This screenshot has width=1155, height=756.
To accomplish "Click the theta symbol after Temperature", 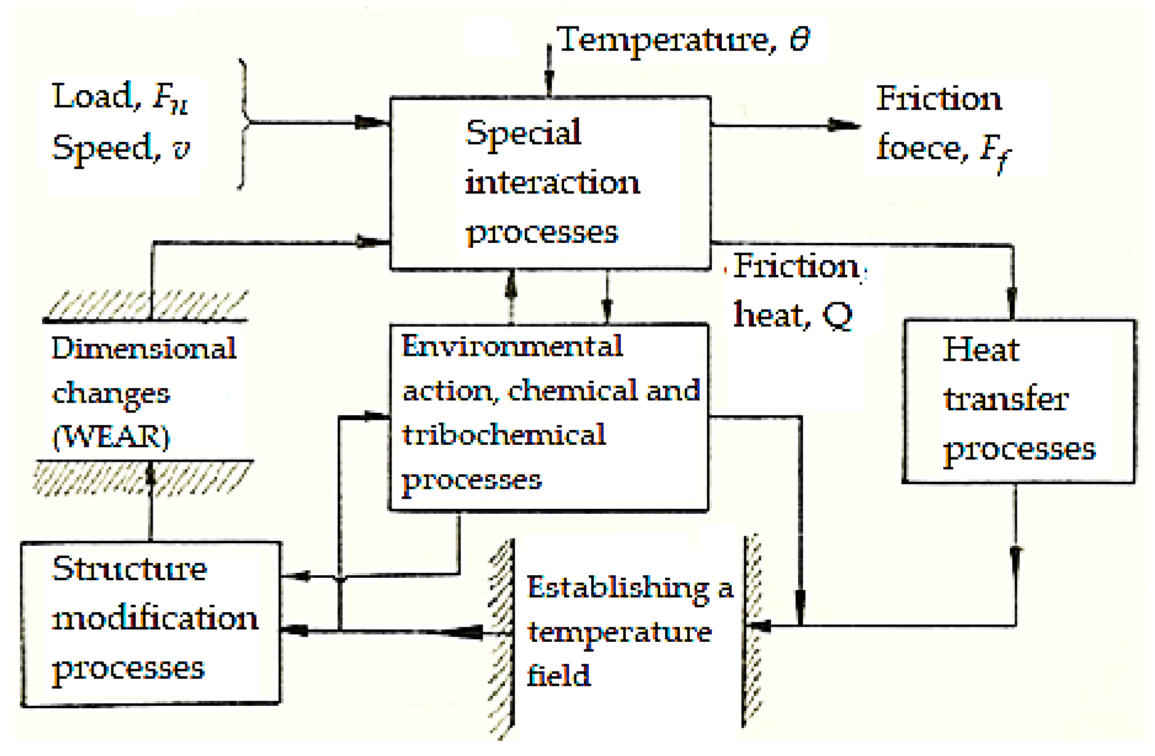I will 800,39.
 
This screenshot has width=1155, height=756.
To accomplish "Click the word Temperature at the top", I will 665,40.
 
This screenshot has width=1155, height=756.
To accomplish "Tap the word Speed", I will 106,148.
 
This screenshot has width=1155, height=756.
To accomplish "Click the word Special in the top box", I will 523,133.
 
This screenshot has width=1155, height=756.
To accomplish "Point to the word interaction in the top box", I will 552,183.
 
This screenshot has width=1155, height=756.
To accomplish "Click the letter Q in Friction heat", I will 837,315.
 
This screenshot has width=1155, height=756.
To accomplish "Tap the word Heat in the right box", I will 980,349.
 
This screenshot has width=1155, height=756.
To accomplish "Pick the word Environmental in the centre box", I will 512,346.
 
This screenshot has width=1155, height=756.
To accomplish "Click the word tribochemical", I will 504,435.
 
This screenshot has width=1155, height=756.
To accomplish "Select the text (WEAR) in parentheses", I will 111,437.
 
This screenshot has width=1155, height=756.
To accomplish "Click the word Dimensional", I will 144,348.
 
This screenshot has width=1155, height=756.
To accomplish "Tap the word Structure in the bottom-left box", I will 129,569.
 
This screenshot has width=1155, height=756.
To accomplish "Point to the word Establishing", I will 617,588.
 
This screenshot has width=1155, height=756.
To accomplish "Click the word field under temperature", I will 558,675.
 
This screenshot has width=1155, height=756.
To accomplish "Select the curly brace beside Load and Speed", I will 244,123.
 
